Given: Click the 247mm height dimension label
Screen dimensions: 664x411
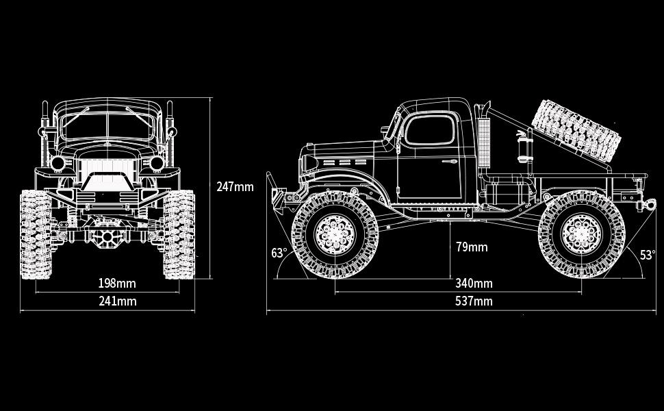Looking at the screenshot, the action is coord(235,187).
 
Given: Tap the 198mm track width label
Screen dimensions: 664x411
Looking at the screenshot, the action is coord(117,283).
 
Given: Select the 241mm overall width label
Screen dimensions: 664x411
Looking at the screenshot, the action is coord(118,301).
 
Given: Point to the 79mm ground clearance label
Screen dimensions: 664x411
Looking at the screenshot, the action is coord(472,247).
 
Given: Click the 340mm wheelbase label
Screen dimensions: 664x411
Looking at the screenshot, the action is coord(474,283).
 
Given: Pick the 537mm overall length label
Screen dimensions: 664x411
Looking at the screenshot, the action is coord(474,301).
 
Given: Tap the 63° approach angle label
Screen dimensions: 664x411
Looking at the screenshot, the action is coord(279,253).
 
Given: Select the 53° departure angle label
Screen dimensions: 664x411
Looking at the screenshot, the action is coord(648,255).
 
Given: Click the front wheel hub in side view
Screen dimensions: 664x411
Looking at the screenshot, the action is coord(335,234).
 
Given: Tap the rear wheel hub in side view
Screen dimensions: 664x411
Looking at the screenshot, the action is coord(581,234).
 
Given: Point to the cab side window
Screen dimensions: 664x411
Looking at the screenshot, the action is coord(429,129).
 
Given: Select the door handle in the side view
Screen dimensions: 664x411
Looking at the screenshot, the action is coord(449,162).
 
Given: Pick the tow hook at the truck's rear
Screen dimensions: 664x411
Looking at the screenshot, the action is coord(647,205).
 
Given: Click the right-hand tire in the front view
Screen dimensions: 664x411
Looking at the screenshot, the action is coord(179,234).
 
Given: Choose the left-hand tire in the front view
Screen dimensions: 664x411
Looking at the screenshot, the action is coord(36,234).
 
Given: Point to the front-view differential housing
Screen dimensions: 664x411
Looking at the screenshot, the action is coord(107,236).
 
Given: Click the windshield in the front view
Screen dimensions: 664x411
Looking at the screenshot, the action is coord(107,125).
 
